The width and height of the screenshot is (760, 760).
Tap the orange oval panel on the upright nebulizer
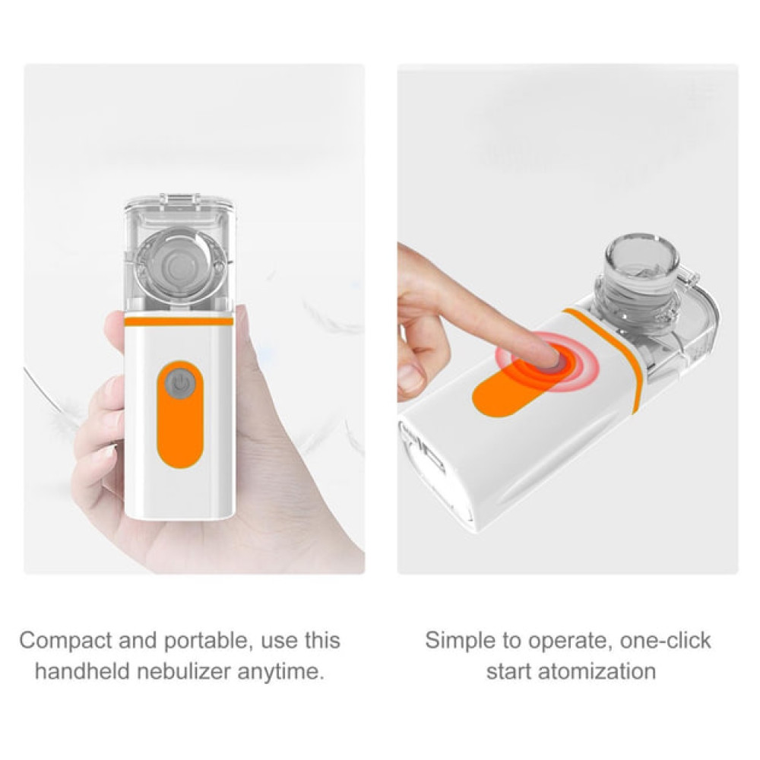[180, 415]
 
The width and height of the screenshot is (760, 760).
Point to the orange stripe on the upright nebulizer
[179, 321]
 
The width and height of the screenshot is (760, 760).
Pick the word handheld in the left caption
[83, 671]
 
